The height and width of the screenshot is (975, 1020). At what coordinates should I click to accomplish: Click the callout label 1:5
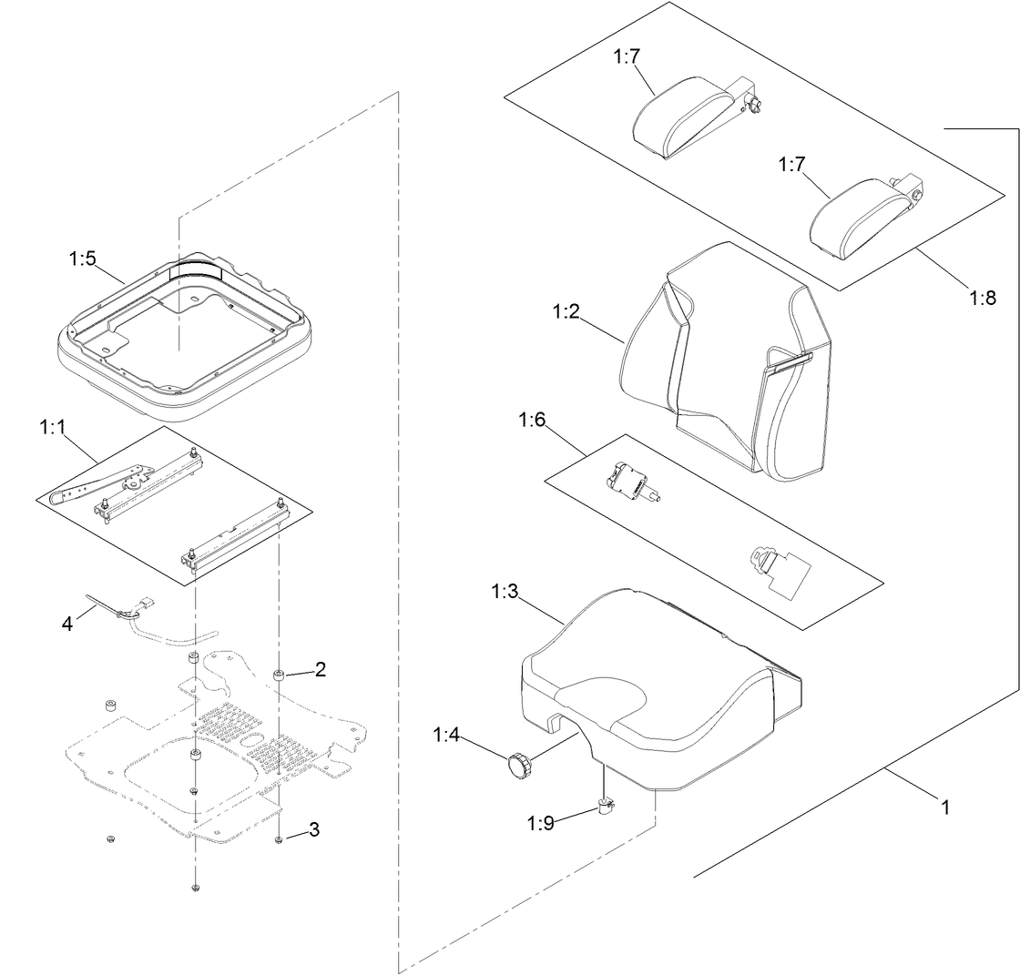82,259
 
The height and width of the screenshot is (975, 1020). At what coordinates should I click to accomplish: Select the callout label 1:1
53,426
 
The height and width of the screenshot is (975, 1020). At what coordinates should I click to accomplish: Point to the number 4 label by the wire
66,624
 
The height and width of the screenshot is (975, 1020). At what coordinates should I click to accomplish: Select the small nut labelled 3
278,839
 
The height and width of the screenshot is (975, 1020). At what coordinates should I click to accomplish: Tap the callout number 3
314,829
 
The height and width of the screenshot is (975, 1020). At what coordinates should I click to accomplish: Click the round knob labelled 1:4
519,765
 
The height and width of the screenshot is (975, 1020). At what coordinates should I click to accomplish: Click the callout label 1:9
540,823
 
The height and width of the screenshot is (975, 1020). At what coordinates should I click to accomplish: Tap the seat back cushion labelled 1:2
729,364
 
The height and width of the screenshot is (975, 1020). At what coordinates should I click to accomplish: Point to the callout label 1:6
532,420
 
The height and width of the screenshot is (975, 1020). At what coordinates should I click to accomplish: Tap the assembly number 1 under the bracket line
945,807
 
